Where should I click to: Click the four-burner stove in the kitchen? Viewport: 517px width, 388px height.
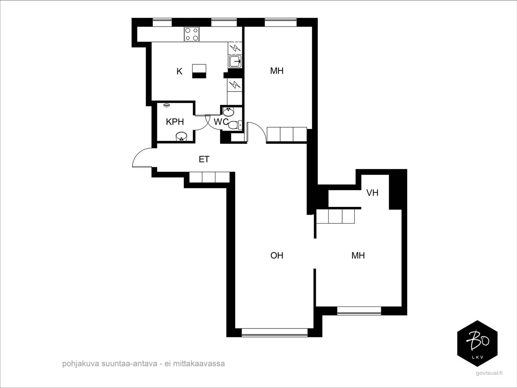(192, 34)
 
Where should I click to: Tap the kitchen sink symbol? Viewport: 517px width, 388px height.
(235, 62)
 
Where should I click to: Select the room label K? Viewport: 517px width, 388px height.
(179, 71)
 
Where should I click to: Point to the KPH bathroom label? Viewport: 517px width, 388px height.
(175, 122)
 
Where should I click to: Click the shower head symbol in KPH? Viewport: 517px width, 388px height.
(166, 105)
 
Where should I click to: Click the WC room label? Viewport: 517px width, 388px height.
(221, 122)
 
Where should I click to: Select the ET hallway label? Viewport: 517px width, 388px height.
(204, 159)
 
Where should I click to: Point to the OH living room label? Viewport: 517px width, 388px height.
(277, 256)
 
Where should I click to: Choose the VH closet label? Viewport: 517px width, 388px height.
(372, 193)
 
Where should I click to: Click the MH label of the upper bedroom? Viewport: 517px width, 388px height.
(277, 71)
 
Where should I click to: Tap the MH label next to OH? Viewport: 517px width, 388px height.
(358, 256)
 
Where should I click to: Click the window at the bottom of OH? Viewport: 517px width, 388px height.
(275, 333)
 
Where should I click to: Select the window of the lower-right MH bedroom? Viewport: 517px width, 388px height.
(359, 311)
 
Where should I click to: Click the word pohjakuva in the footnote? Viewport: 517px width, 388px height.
(80, 364)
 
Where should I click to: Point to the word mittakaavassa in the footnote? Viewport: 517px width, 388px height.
(199, 363)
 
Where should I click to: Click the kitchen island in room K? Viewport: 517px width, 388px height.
(199, 71)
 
